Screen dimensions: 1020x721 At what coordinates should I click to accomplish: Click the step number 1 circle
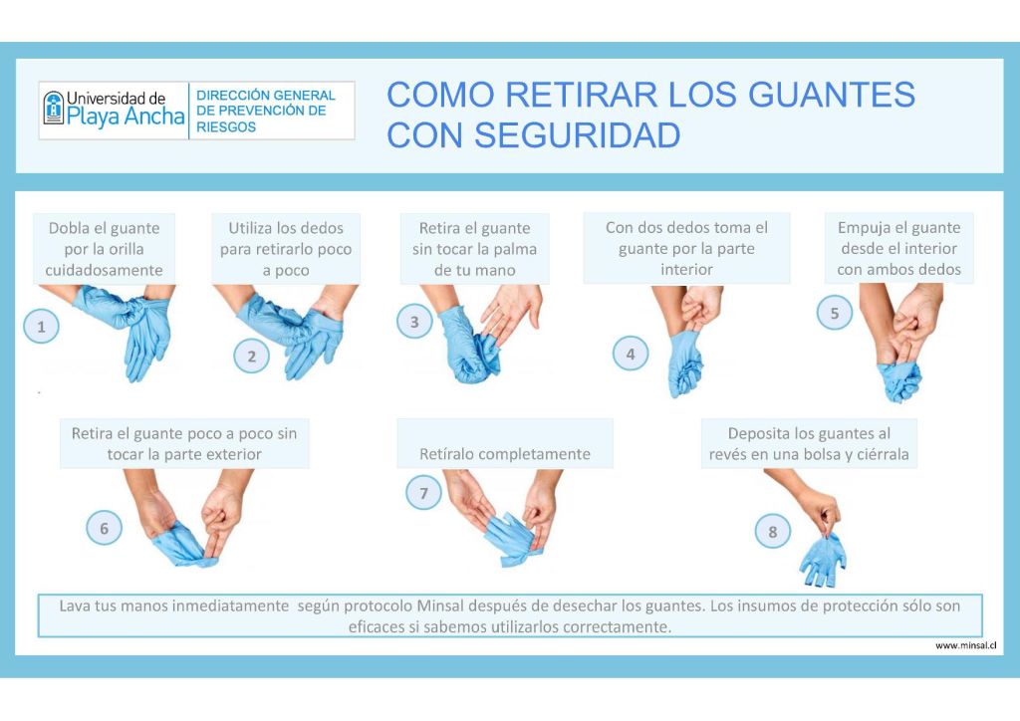(x=41, y=326)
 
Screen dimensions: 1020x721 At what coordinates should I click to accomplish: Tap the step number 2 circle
(x=251, y=356)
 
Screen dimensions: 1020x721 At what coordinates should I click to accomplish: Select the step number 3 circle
(x=414, y=322)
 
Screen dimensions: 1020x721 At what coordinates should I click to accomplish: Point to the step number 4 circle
(x=631, y=354)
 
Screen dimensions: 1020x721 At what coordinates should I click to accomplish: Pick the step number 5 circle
(x=835, y=313)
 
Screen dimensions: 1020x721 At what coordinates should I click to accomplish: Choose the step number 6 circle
(x=104, y=528)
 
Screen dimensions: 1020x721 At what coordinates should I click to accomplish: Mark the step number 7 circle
(x=423, y=493)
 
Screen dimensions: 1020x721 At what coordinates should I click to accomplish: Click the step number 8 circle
(x=773, y=531)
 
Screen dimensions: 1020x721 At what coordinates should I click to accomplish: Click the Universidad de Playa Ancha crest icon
(x=54, y=108)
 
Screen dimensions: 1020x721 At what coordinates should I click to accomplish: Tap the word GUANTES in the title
(x=832, y=95)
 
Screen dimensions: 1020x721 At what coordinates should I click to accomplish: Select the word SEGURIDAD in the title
(x=577, y=135)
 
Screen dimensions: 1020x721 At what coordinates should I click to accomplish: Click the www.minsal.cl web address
(x=965, y=645)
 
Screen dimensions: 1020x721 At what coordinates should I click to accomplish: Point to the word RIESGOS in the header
(x=226, y=127)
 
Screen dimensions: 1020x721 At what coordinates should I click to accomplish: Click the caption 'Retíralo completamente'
(x=505, y=454)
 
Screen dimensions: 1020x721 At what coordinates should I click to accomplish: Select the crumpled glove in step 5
(x=899, y=382)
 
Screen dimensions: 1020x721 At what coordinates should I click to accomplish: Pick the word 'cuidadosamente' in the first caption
(x=104, y=270)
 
